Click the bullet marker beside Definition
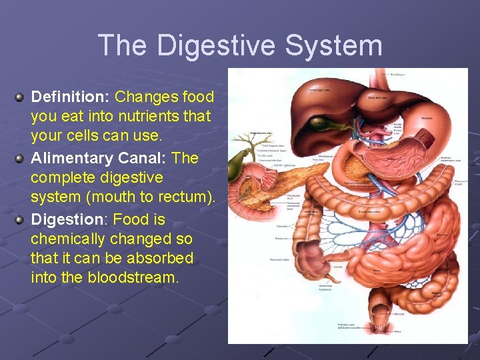tap(20, 97)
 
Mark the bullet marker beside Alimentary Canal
tap(20, 159)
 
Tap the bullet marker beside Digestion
tap(20, 220)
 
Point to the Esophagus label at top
tap(397, 75)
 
